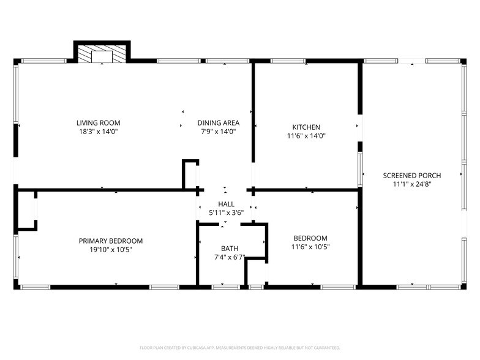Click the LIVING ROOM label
tap(98, 122)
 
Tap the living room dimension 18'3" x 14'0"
tap(98, 132)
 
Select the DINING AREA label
tap(218, 122)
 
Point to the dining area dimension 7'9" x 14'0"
tap(218, 132)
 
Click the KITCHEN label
tap(306, 127)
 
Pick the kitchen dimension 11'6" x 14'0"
tap(306, 137)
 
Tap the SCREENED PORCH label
tap(412, 175)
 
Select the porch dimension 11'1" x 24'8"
tap(412, 184)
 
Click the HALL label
tap(226, 204)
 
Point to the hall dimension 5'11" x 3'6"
tap(226, 213)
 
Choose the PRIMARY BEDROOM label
tap(111, 241)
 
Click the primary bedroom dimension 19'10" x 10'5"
tap(111, 250)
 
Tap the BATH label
tap(230, 249)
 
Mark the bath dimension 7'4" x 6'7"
tap(230, 258)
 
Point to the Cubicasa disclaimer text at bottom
tap(240, 347)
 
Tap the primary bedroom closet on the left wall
tap(27, 210)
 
